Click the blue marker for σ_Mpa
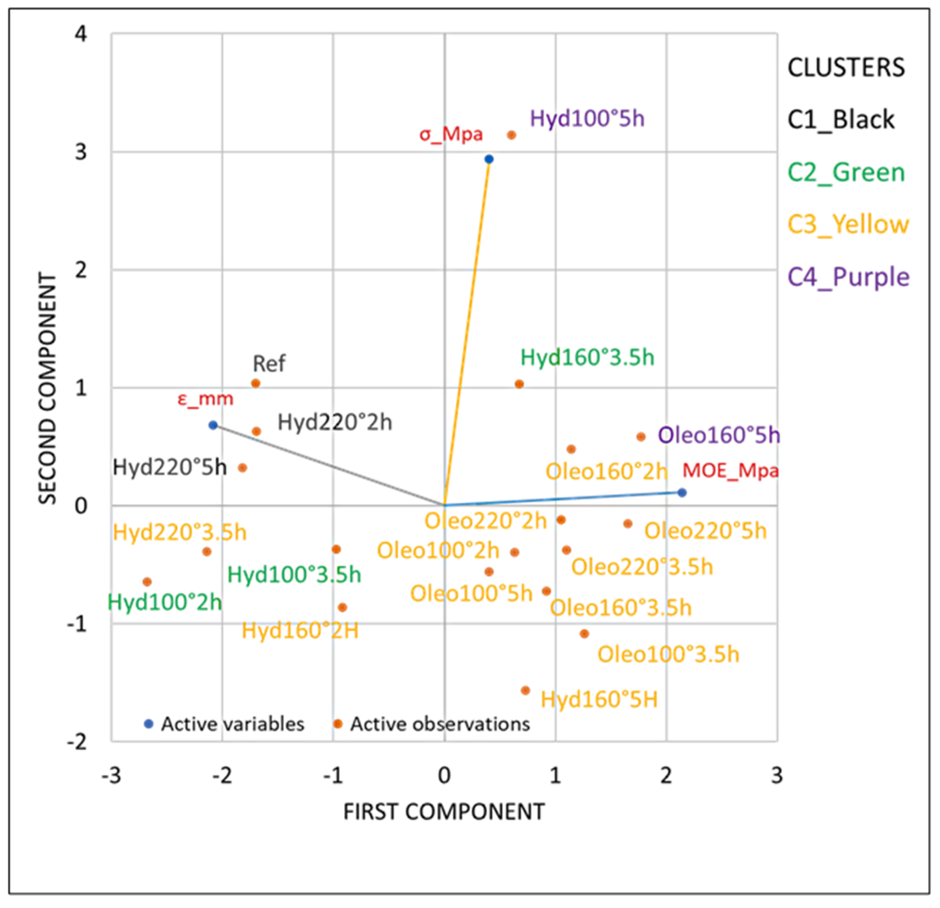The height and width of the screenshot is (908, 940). tap(489, 159)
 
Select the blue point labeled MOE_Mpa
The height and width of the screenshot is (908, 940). tap(682, 493)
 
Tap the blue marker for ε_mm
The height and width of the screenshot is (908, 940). tap(213, 425)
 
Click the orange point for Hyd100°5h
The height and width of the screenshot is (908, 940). tap(512, 135)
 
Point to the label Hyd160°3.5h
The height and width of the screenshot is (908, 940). tap(587, 358)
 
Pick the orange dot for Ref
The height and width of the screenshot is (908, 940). tap(256, 383)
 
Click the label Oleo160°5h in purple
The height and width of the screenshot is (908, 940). tap(719, 435)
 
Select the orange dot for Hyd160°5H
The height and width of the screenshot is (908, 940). tap(525, 691)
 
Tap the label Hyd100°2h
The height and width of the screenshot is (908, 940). tap(165, 602)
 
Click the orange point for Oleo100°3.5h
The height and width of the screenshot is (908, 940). tap(584, 634)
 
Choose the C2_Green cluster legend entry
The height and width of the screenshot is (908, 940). tap(846, 172)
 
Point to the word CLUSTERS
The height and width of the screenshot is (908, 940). tap(846, 68)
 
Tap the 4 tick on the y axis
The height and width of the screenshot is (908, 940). tap(81, 34)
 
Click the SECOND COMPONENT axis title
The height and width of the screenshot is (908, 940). tap(48, 388)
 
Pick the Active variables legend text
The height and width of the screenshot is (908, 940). tap(233, 724)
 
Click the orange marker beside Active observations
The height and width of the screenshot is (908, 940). tap(338, 724)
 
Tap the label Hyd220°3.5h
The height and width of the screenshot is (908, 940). tap(180, 533)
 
